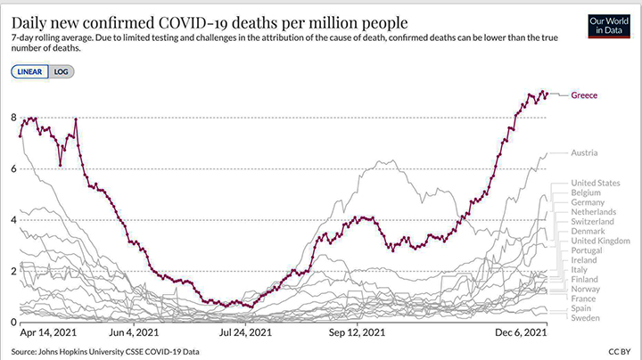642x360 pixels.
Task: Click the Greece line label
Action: point(584,95)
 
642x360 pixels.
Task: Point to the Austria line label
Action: point(584,153)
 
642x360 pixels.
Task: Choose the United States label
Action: point(595,182)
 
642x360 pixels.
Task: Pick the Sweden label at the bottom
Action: point(586,318)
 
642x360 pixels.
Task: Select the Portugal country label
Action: point(588,250)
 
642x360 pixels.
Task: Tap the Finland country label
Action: point(586,280)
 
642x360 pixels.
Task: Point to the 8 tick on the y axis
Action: point(13,118)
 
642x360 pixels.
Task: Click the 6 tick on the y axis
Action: point(13,168)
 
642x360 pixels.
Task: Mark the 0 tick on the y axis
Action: point(13,322)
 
